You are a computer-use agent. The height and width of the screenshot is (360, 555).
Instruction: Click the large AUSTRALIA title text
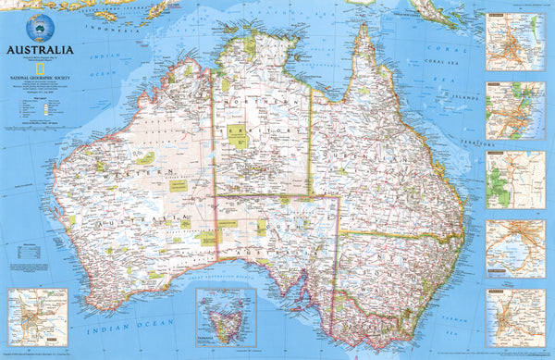pyautogui.click(x=39, y=49)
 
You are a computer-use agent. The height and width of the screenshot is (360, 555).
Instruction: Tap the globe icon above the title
pyautogui.click(x=39, y=25)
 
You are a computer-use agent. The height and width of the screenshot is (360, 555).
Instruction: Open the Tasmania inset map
pyautogui.click(x=226, y=317)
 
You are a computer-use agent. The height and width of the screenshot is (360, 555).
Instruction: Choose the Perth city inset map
pyautogui.click(x=31, y=316)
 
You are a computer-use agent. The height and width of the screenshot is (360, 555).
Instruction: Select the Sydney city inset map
pyautogui.click(x=514, y=108)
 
